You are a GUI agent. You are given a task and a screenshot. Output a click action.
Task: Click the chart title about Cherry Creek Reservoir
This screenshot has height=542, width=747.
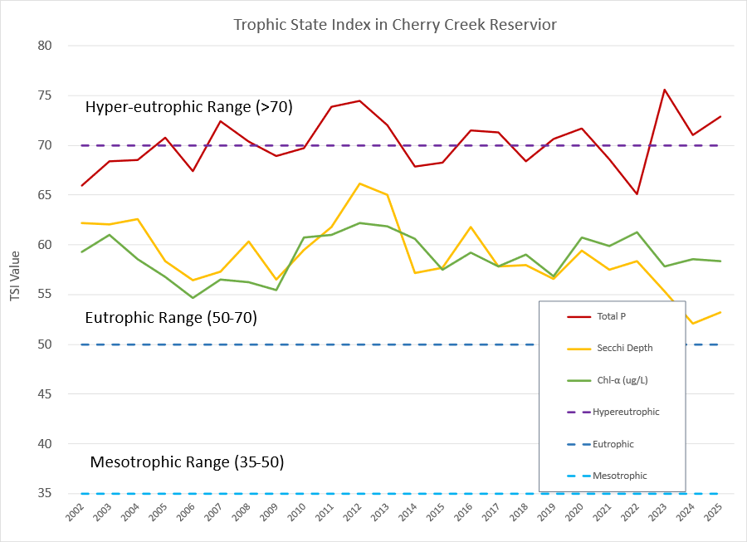pyautogui.click(x=394, y=25)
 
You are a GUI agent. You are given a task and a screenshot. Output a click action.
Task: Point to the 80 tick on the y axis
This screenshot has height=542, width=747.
pyautogui.click(x=45, y=46)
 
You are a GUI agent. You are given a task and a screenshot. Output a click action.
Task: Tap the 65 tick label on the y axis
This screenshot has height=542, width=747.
pyautogui.click(x=45, y=195)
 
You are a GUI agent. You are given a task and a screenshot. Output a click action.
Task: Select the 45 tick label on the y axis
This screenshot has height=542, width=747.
pyautogui.click(x=45, y=394)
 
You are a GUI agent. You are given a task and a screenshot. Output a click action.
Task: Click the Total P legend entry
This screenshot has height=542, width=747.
pyautogui.click(x=609, y=316)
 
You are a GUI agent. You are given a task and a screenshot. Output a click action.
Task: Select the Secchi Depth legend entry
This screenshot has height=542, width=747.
pyautogui.click(x=622, y=348)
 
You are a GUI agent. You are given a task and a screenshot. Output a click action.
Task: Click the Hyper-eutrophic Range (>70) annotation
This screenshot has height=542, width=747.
pyautogui.click(x=189, y=107)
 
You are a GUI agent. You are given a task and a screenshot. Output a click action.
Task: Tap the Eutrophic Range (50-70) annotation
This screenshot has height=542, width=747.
pyautogui.click(x=171, y=318)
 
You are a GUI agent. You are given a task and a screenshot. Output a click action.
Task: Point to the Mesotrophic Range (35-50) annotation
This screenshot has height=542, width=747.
pyautogui.click(x=187, y=462)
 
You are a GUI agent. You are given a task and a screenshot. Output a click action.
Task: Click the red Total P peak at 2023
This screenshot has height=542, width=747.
pyautogui.click(x=665, y=90)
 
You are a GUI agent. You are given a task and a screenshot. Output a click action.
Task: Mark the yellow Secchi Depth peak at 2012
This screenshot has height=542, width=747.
pyautogui.click(x=359, y=183)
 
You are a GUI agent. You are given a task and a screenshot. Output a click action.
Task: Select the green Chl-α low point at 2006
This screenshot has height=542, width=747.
pyautogui.click(x=193, y=297)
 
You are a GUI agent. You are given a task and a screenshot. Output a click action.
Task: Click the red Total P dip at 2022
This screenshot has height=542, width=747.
pyautogui.click(x=637, y=194)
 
